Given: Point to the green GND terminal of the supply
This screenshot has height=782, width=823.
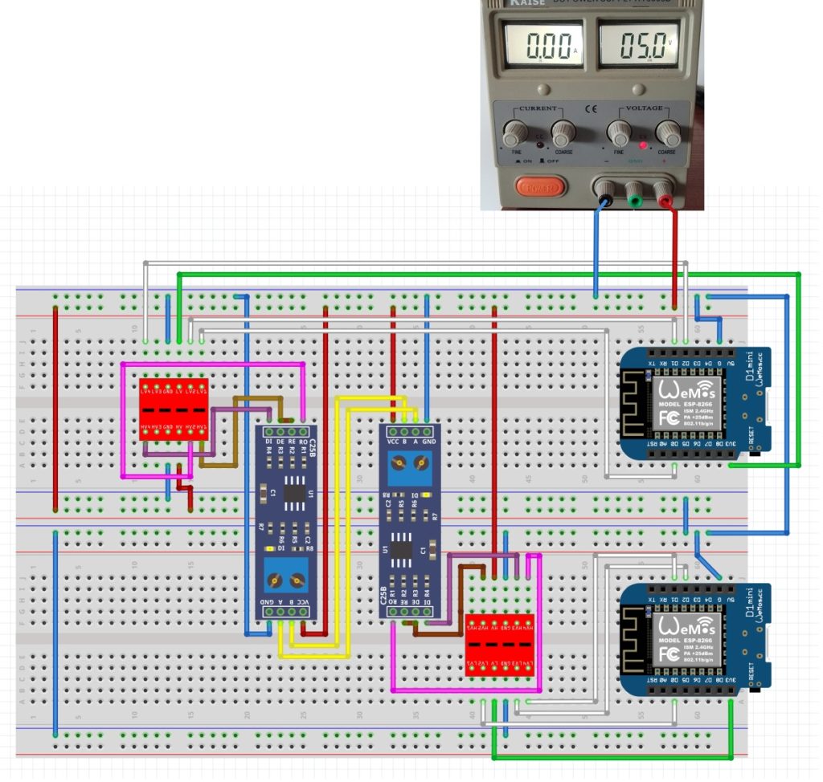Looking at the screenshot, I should click(x=635, y=192).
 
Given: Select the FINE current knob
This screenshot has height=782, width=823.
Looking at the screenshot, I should click(x=514, y=132).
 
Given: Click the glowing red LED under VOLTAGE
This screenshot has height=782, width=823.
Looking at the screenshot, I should click(x=642, y=146).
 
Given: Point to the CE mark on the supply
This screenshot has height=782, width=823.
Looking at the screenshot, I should click(x=591, y=110).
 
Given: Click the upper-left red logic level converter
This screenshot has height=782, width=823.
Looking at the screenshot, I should click(x=174, y=409).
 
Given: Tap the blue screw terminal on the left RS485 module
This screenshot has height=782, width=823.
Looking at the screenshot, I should click(x=287, y=576).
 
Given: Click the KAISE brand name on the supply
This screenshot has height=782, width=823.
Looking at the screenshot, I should click(x=527, y=3).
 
